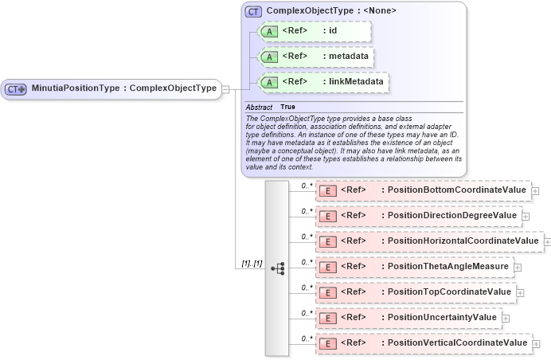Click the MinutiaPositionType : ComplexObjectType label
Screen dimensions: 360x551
click(x=123, y=88)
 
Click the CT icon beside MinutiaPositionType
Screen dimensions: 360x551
click(x=16, y=88)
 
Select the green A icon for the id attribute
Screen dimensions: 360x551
click(x=270, y=32)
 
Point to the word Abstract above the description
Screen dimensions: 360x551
click(x=259, y=107)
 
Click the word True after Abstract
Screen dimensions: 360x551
click(x=287, y=107)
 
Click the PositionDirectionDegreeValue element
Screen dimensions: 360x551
click(x=418, y=216)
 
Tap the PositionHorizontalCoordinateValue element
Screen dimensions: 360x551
click(x=429, y=241)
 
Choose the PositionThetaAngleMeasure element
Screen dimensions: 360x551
click(x=414, y=267)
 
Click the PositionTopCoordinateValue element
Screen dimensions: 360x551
click(x=416, y=292)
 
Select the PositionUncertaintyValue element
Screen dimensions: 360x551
click(x=408, y=317)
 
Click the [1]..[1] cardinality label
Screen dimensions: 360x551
click(x=252, y=264)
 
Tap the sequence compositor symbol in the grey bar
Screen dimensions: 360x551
click(x=277, y=269)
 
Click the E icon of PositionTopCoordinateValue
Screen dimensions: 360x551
click(x=326, y=292)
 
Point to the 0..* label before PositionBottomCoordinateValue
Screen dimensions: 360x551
click(x=307, y=186)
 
